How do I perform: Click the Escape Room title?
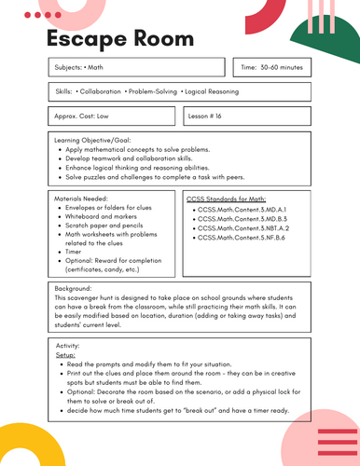(119, 39)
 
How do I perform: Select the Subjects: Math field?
(90, 68)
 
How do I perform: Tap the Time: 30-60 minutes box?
(274, 68)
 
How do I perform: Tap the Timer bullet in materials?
(75, 251)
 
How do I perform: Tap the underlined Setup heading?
(67, 355)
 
